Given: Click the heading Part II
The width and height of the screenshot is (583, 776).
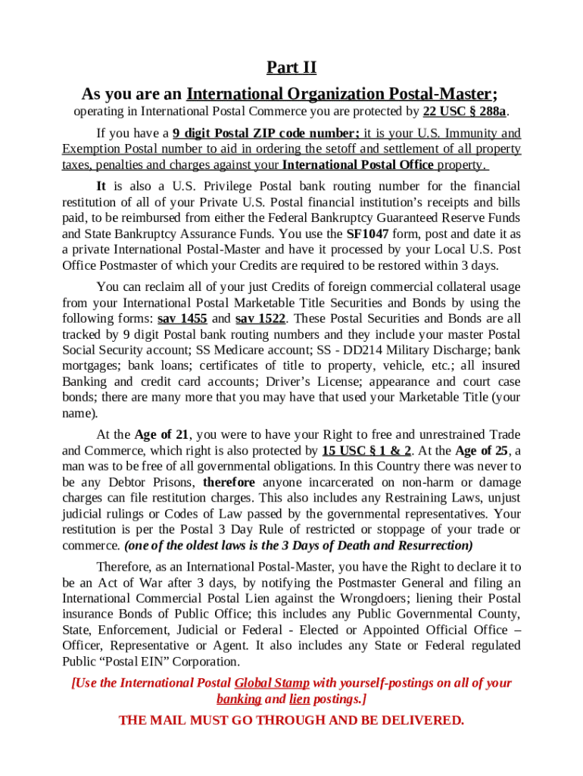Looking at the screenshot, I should (291, 68).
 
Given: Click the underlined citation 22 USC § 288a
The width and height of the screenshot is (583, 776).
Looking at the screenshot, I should (470, 112).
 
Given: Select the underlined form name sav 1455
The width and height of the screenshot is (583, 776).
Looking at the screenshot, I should (182, 318).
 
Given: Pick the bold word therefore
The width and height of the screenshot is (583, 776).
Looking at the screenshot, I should (229, 483).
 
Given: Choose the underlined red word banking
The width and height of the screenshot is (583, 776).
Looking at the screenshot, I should (239, 699).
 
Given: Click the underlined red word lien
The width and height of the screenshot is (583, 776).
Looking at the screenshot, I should (300, 699).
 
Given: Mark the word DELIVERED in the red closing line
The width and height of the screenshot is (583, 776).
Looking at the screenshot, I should (419, 720).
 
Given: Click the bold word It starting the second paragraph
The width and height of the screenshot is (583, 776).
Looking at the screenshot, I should (101, 186).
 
